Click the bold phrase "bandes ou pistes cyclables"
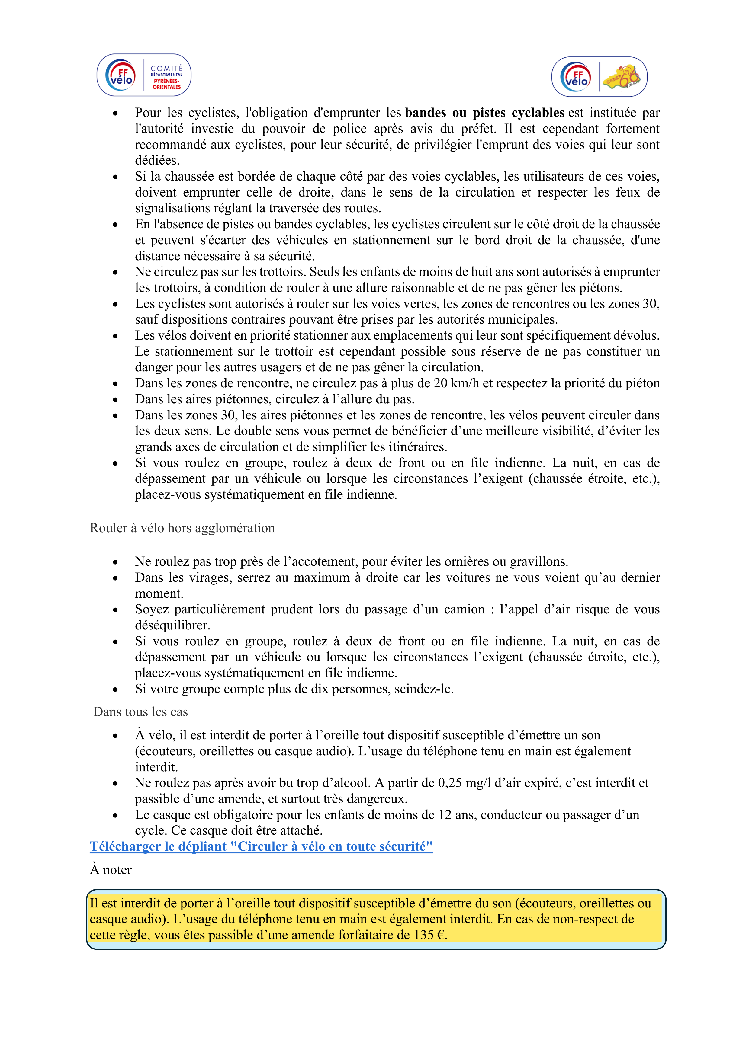484,113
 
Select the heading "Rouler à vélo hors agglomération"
182,528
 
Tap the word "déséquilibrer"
172,625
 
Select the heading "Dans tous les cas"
140,712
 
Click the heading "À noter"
111,870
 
